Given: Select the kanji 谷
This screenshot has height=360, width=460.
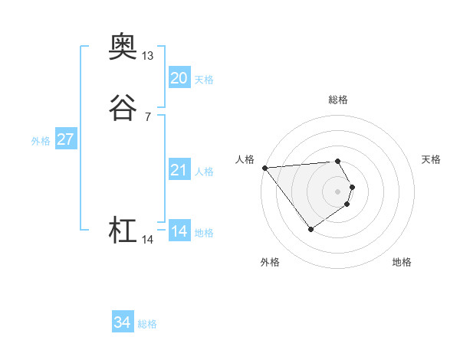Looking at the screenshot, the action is pos(123,109).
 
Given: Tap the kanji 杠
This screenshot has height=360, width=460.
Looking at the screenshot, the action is pos(123,231).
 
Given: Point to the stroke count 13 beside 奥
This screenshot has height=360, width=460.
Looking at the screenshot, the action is pos(147,56).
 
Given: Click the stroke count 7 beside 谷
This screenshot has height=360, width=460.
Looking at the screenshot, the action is pos(147,117).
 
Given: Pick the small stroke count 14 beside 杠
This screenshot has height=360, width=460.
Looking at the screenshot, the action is pos(147,240).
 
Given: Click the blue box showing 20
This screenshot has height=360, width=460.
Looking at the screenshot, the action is pos(179,77).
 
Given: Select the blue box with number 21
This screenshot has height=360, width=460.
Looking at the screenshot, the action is pos(179,170).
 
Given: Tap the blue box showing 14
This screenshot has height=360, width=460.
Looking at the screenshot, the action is pos(179,231).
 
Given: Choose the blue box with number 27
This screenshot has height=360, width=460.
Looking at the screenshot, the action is pos(65,139).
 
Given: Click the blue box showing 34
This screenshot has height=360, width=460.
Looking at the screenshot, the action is pos(122,322).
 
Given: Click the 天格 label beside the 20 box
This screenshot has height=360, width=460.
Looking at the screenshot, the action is pos(204,79).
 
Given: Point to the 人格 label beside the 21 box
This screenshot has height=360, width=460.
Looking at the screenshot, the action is pos(204,172).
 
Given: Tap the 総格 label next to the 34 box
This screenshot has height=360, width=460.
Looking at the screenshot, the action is pos(147,324).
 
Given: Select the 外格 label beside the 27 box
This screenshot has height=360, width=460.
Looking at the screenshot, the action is pos(41,141).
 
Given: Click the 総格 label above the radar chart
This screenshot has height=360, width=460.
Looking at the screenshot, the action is pos(337,100).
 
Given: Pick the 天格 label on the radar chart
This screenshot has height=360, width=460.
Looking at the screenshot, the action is pos(431,159).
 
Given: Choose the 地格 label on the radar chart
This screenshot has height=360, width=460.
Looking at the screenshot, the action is pos(402,262).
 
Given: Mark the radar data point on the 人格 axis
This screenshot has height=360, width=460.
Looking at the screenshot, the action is pos(264,168).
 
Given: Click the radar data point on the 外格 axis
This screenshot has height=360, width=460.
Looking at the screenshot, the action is pos(310,228).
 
